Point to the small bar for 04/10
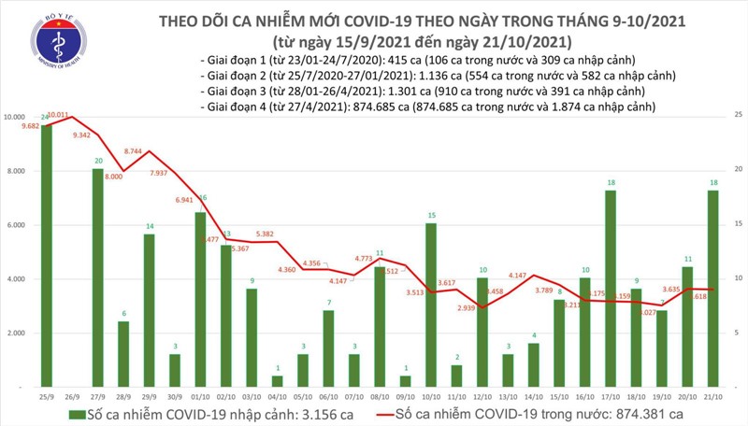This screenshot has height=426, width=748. coord(277,381)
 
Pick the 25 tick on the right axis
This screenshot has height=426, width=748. coord(739,114)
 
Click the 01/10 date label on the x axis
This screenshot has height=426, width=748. coord(199,395)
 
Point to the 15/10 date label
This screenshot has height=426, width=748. coord(558,395)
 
